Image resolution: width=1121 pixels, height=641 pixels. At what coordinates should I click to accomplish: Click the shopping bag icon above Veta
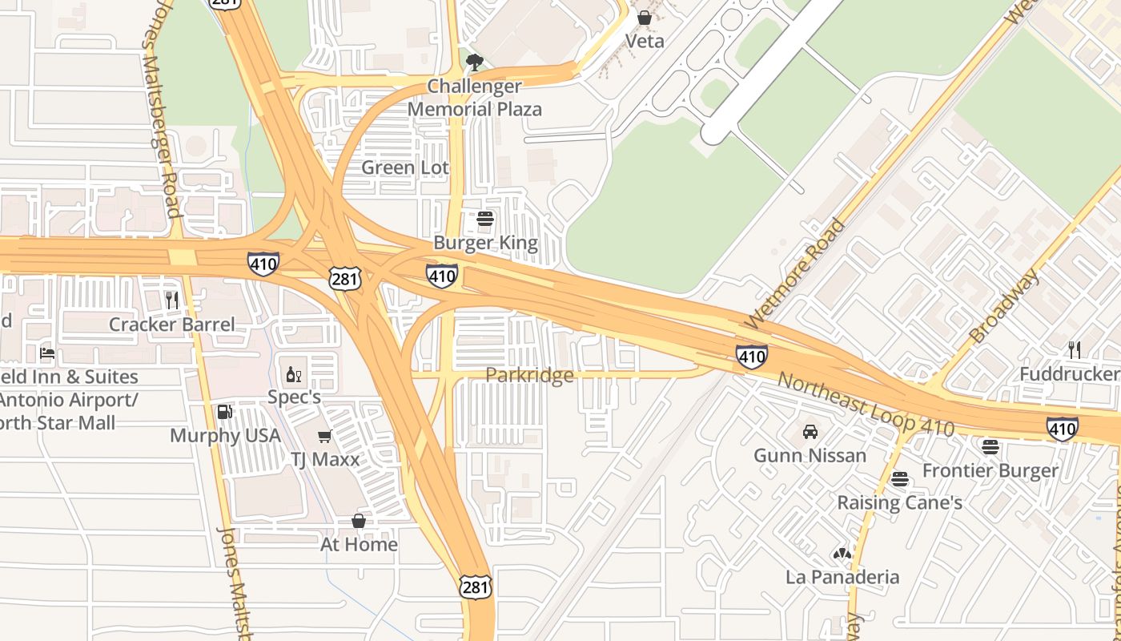coord(644,17)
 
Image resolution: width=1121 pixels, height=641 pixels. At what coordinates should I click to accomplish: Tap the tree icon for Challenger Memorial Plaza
coord(475,62)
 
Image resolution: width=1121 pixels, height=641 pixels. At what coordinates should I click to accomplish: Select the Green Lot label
coord(405,167)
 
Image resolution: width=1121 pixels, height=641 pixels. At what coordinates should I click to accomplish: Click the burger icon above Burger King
coord(484,219)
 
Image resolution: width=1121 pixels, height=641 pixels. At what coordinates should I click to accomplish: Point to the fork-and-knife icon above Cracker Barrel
coord(172,300)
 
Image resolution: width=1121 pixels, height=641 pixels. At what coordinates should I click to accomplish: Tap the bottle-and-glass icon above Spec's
coord(294,374)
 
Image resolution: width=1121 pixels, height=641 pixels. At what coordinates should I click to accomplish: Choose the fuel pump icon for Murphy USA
coord(225,412)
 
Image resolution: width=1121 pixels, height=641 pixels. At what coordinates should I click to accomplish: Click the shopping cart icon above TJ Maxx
coord(324,436)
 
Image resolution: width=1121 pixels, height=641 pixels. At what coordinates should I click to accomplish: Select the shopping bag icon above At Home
coord(359,521)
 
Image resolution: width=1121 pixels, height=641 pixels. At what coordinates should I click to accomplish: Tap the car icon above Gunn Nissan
coord(810,432)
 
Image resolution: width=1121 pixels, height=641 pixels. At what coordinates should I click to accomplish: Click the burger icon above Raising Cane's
coord(900,479)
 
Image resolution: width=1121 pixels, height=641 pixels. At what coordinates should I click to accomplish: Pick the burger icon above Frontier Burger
coord(990,447)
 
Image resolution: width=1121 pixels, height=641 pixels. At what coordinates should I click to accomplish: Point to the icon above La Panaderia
coord(842,553)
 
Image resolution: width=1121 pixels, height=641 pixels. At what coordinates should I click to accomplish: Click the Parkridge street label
coord(529,375)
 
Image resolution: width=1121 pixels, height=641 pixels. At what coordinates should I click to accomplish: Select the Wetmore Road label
coord(794,273)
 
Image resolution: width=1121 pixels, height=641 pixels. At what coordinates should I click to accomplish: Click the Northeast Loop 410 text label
coord(866,405)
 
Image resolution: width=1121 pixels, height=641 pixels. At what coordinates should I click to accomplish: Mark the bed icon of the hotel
coord(47,353)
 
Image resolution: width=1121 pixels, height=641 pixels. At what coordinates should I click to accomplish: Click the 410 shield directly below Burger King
coord(442,276)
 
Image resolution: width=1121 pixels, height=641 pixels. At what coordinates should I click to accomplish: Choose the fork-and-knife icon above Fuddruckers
coord(1074,349)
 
